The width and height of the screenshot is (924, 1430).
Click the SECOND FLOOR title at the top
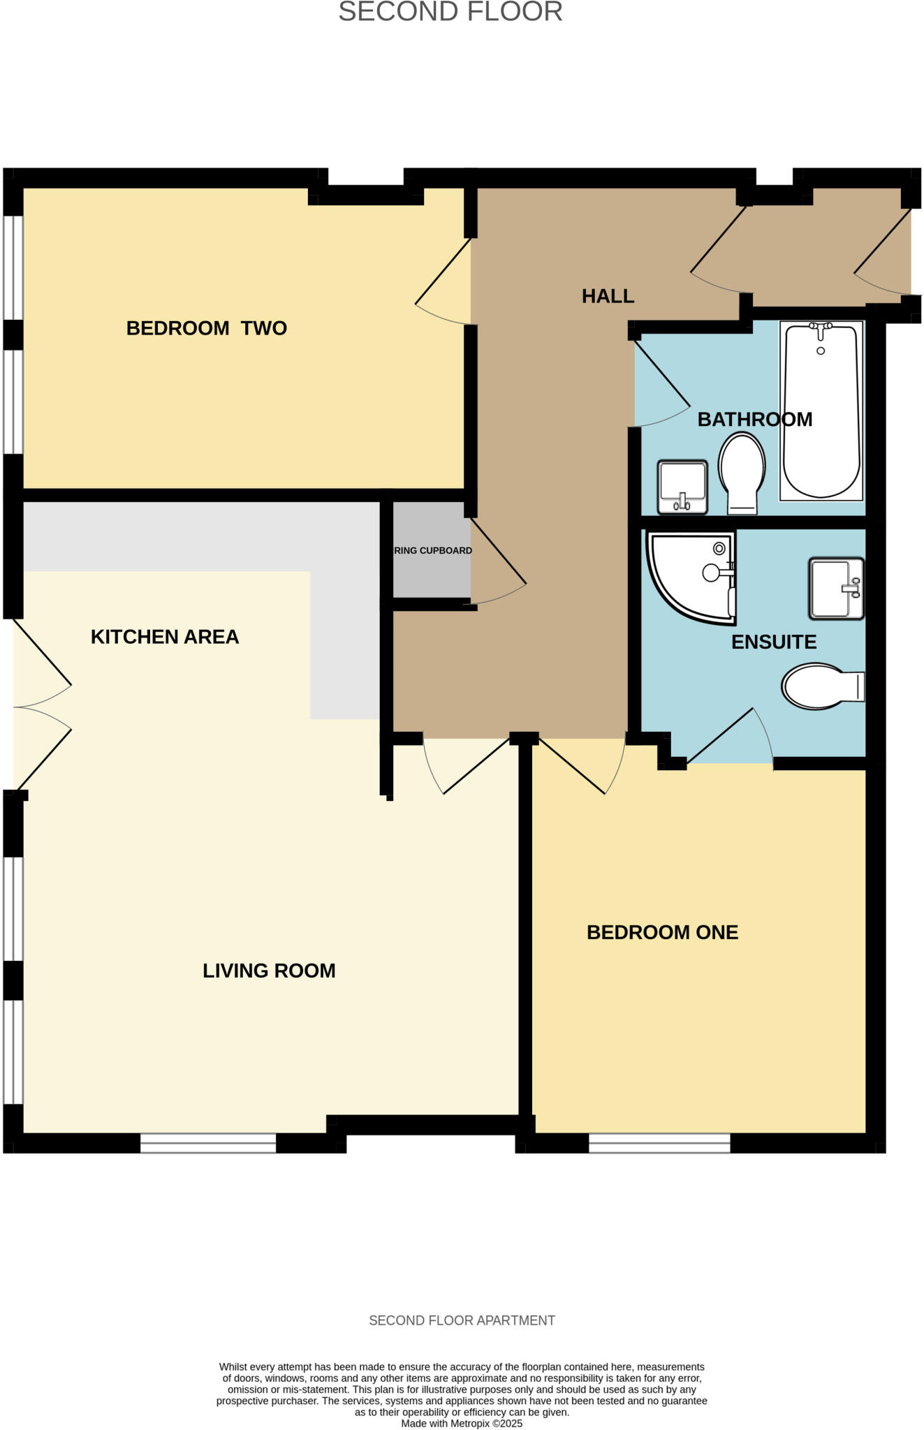[x=450, y=12]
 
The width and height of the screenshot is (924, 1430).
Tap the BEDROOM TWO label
[x=206, y=328]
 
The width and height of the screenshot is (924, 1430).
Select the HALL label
[x=608, y=296]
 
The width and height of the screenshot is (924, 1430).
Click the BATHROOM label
[x=754, y=420]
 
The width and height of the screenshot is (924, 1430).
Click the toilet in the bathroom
[x=742, y=472]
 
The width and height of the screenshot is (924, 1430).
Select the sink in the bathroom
[x=682, y=486]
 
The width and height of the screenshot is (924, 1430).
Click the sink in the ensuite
[x=836, y=588]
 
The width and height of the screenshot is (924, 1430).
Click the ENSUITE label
[x=773, y=642]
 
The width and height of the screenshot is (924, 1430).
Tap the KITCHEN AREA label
[x=165, y=637]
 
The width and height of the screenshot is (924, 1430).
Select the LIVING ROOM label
[x=269, y=971]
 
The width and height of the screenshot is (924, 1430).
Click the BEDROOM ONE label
[x=662, y=932]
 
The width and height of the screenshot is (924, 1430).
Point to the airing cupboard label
[x=432, y=550]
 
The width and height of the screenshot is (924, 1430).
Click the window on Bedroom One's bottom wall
[x=659, y=1143]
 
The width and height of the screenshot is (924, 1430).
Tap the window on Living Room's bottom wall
[x=208, y=1143]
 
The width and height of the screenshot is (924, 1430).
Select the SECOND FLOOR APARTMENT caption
[x=462, y=1320]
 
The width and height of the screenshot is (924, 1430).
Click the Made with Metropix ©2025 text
[x=462, y=1423]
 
